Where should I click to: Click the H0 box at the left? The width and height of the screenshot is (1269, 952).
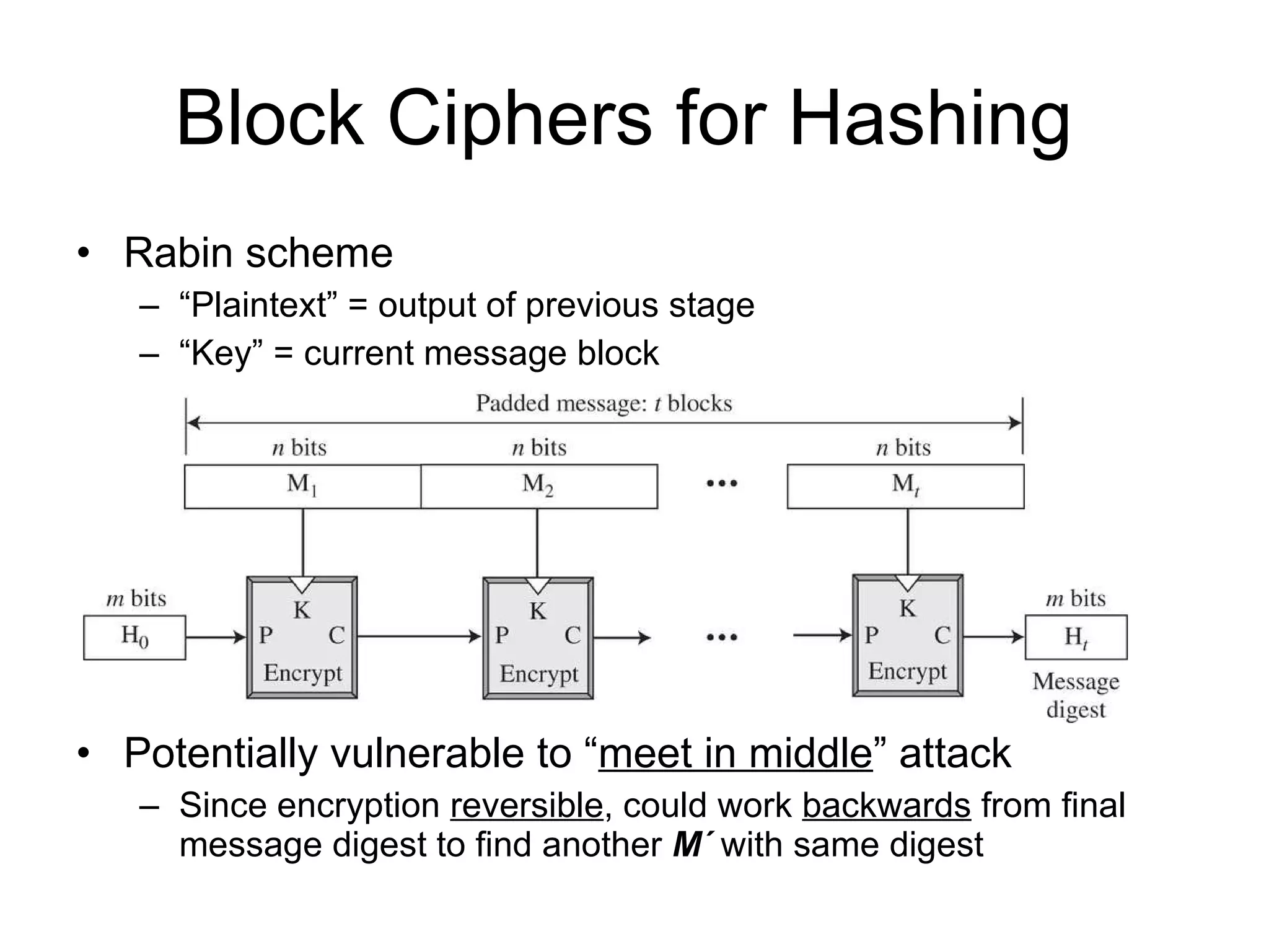[134, 637]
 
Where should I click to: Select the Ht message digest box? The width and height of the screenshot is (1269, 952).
[1076, 637]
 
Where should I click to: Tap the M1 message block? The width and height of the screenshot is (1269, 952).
[302, 487]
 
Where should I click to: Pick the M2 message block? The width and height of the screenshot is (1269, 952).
[538, 487]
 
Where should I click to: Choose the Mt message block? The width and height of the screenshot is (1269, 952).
[905, 487]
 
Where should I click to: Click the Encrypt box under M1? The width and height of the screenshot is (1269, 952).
[302, 638]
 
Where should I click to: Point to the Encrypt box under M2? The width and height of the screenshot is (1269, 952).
[538, 638]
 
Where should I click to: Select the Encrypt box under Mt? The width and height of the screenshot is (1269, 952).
[908, 636]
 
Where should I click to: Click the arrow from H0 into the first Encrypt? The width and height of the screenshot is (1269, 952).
[216, 637]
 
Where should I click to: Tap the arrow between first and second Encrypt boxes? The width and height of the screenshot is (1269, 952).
[419, 637]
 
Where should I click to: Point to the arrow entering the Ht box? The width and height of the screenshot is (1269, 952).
[994, 637]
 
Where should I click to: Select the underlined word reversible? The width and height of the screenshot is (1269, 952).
[527, 806]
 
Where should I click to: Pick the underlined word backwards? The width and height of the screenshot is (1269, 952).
[886, 806]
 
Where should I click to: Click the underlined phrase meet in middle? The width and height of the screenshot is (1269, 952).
[735, 754]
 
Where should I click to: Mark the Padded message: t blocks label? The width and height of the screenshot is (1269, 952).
[604, 403]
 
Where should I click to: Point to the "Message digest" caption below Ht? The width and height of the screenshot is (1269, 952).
[1076, 695]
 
